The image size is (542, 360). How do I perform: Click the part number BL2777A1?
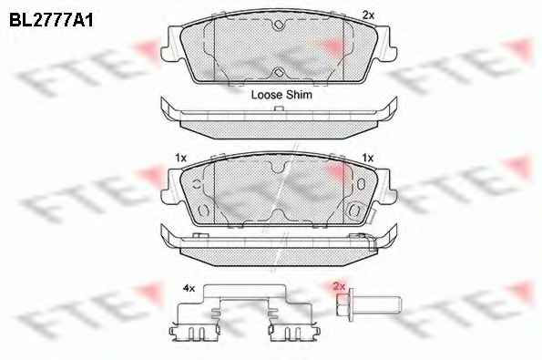point(51,21)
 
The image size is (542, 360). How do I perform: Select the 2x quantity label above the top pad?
point(369,15)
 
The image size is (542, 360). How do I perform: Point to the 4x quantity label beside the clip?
point(189,288)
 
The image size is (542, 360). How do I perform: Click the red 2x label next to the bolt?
point(339,286)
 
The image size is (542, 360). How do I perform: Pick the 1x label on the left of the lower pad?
point(180,158)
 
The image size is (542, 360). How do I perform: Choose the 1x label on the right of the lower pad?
point(367,158)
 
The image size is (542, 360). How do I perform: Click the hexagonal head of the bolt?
point(343,304)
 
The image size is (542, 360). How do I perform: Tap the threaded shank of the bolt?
point(377,303)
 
